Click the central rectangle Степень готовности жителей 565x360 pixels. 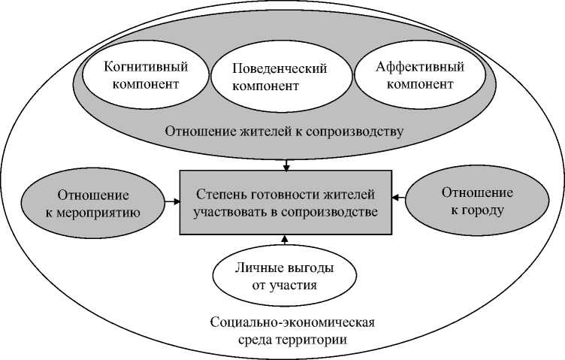[x=285, y=203]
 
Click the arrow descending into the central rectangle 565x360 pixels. [x=286, y=163]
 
